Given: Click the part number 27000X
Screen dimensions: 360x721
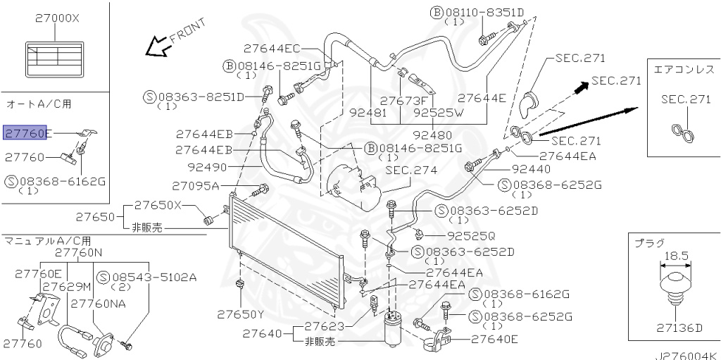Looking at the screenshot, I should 57,19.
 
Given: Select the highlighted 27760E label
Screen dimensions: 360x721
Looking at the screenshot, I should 28,132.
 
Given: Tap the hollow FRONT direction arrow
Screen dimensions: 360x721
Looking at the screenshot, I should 154,47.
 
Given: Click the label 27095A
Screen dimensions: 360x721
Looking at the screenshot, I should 196,186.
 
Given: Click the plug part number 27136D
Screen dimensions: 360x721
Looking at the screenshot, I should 679,328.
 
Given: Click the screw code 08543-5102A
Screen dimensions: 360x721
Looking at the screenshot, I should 154,277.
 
